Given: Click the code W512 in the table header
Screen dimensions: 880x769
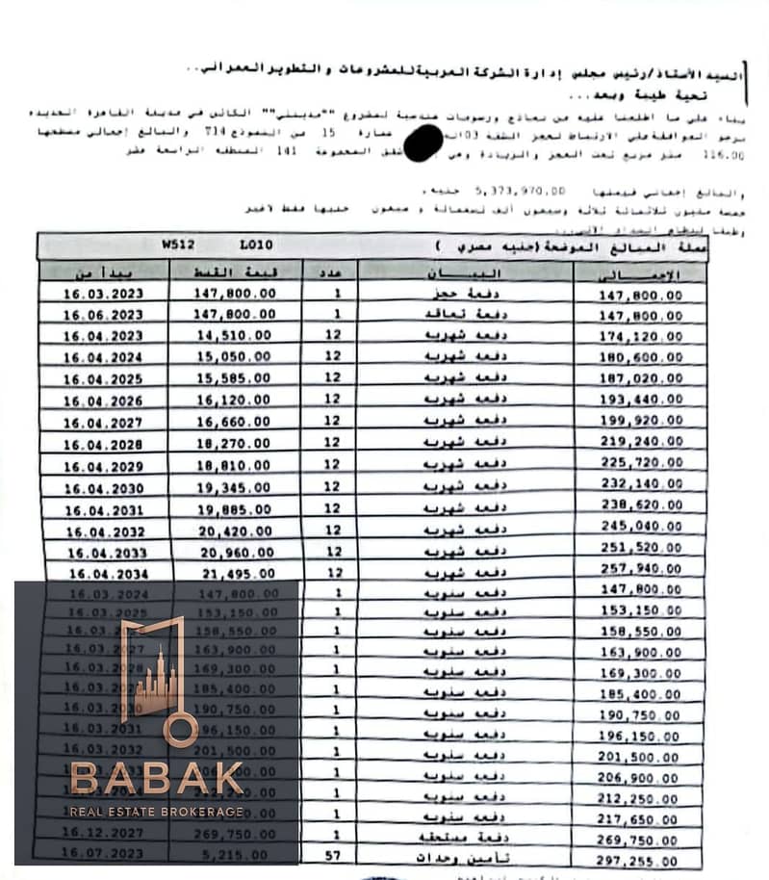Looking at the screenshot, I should [x=179, y=246].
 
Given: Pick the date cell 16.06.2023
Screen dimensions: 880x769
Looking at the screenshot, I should [x=103, y=314].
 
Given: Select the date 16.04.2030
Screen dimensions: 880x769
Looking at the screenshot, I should [x=103, y=489].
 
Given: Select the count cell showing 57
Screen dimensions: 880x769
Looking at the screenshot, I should [x=333, y=855].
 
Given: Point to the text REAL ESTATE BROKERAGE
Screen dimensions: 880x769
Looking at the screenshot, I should [x=157, y=813].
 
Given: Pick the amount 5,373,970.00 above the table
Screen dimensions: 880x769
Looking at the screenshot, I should [x=522, y=192].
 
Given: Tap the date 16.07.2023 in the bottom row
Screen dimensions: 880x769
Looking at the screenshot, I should [x=103, y=853].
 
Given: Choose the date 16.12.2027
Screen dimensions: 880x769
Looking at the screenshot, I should [x=103, y=834].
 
